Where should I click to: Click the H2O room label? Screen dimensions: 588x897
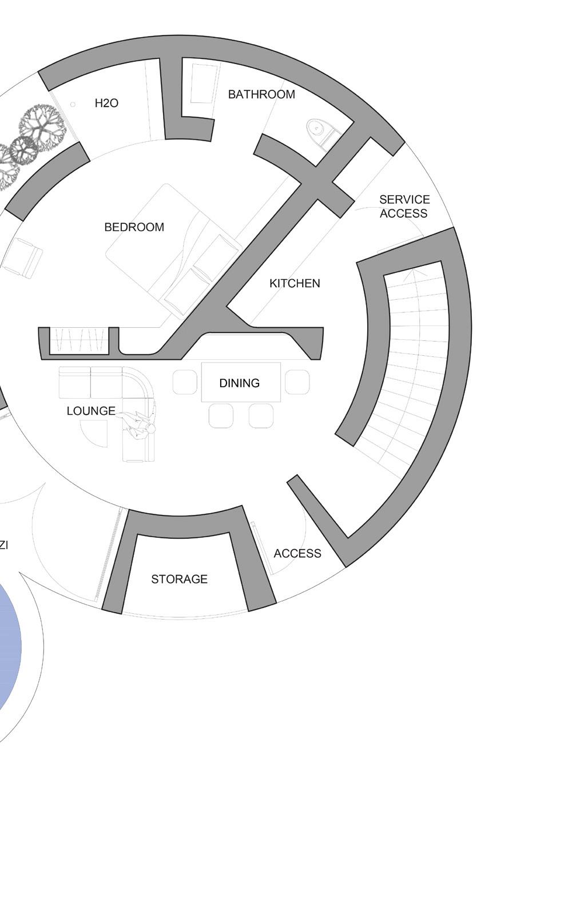click(x=106, y=104)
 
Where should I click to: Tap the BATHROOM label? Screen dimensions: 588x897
click(x=261, y=94)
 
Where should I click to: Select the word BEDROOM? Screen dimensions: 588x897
click(x=134, y=227)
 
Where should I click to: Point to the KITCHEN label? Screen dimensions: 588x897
click(x=295, y=283)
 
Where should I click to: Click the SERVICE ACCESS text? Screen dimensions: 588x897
click(x=404, y=207)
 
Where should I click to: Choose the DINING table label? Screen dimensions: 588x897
click(x=240, y=383)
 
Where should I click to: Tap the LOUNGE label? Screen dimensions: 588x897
click(x=91, y=411)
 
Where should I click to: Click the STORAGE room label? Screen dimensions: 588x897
click(x=179, y=580)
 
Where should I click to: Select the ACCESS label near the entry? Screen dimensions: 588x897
click(x=297, y=554)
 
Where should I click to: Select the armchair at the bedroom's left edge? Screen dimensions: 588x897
click(x=23, y=257)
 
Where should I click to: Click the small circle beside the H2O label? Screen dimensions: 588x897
click(x=73, y=104)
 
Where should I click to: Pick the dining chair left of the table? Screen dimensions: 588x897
click(x=185, y=382)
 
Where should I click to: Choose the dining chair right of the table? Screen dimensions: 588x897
click(x=297, y=382)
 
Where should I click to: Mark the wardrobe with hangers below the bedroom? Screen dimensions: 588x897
click(x=79, y=341)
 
